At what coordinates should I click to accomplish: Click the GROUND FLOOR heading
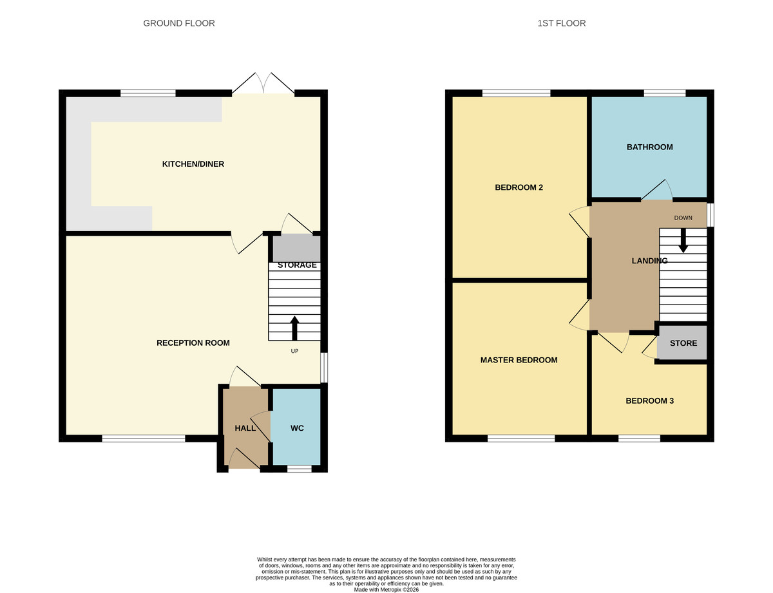coord(178,23)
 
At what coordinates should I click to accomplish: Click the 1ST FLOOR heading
coord(561,23)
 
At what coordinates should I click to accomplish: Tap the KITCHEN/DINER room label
coord(193,164)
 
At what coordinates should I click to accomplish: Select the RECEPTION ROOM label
coord(193,343)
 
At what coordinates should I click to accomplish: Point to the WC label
coord(297,428)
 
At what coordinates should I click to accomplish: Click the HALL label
coord(245,428)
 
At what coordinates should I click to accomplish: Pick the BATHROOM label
coord(649,147)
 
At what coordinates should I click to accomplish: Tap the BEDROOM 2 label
coord(519,188)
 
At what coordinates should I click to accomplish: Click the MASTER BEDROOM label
coord(519,361)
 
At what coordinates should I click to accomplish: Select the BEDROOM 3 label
coord(649,401)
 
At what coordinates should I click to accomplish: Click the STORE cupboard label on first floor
coord(683,343)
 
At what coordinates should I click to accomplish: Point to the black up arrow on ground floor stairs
coord(294,328)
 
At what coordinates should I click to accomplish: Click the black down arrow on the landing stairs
coord(683,240)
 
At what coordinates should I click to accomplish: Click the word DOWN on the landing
coord(683,218)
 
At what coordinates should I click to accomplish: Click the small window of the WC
coord(299,469)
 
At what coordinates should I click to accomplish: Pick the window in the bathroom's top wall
coord(664,93)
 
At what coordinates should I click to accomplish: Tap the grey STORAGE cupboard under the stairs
coord(296,249)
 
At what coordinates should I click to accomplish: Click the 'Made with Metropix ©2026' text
coord(386,589)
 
